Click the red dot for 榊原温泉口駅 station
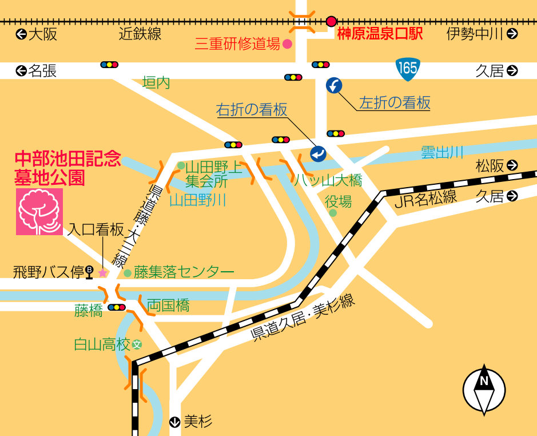tap(331, 21)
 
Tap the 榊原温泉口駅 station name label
tap(380, 34)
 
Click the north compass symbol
tap(484, 390)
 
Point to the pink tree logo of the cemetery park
tap(39, 212)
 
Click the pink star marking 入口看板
tap(103, 273)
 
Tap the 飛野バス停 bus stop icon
tap(89, 272)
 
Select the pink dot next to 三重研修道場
tap(288, 43)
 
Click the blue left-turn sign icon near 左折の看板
tap(334, 86)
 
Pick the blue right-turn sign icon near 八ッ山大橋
tap(318, 153)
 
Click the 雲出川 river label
tap(441, 152)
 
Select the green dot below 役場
tap(333, 213)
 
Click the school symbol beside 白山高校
tap(137, 344)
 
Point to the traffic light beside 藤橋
tap(117, 307)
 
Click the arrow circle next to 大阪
tap(21, 34)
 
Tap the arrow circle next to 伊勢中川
tap(512, 34)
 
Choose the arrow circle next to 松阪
tap(512, 165)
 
